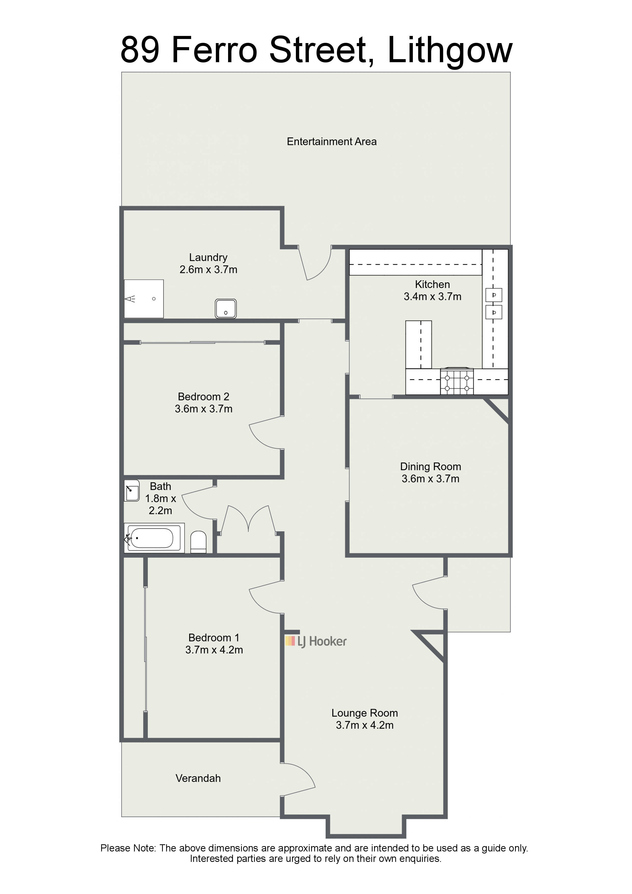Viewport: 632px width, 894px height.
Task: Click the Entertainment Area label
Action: [x=332, y=141]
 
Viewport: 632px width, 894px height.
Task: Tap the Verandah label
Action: [x=198, y=778]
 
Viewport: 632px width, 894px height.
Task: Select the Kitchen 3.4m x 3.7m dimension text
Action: [x=433, y=296]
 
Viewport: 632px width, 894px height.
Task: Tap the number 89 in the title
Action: [x=140, y=50]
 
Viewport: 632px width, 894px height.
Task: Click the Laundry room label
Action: [x=208, y=257]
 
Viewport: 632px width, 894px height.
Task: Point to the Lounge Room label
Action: [x=365, y=713]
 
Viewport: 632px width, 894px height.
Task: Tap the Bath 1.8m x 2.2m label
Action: [x=161, y=498]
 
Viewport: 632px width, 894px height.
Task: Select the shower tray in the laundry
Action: [x=144, y=299]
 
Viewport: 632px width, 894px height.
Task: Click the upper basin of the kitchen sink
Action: [x=494, y=295]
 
